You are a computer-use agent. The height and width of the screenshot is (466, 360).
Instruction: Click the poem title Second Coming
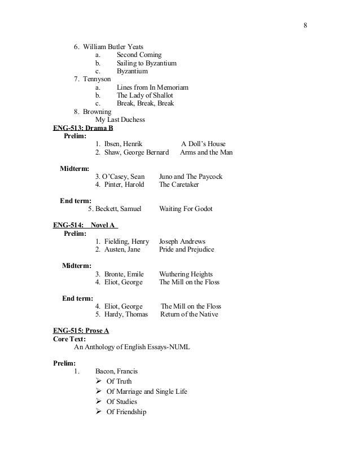coord(139,55)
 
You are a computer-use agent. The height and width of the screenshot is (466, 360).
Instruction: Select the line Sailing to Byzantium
coord(146,63)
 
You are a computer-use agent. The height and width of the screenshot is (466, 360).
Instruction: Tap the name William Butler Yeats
coord(113,46)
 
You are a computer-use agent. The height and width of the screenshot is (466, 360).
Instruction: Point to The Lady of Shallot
coord(144,95)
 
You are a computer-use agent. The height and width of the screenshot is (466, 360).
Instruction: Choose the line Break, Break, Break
coord(145,103)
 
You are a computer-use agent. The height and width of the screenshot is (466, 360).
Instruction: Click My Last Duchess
coord(120,120)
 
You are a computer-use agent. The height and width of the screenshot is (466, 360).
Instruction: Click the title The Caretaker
coord(179,184)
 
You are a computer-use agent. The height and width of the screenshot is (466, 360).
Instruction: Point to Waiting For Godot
coord(186,209)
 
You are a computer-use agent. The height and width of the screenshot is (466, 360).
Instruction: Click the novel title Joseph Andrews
coord(182,241)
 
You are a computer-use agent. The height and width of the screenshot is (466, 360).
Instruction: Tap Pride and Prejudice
coord(187,249)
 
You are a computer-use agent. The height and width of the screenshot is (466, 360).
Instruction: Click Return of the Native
coord(189,314)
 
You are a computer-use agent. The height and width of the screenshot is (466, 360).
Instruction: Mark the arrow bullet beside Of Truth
coord(99,381)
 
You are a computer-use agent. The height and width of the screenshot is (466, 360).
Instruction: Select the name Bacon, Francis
coord(116,371)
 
